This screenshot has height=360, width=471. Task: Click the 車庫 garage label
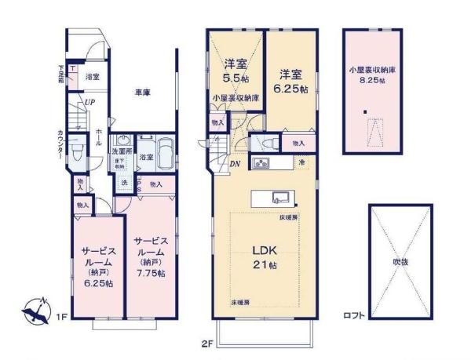point(142,93)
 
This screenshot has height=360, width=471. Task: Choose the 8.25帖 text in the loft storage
point(371,80)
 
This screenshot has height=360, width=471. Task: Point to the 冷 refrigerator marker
point(301,162)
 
